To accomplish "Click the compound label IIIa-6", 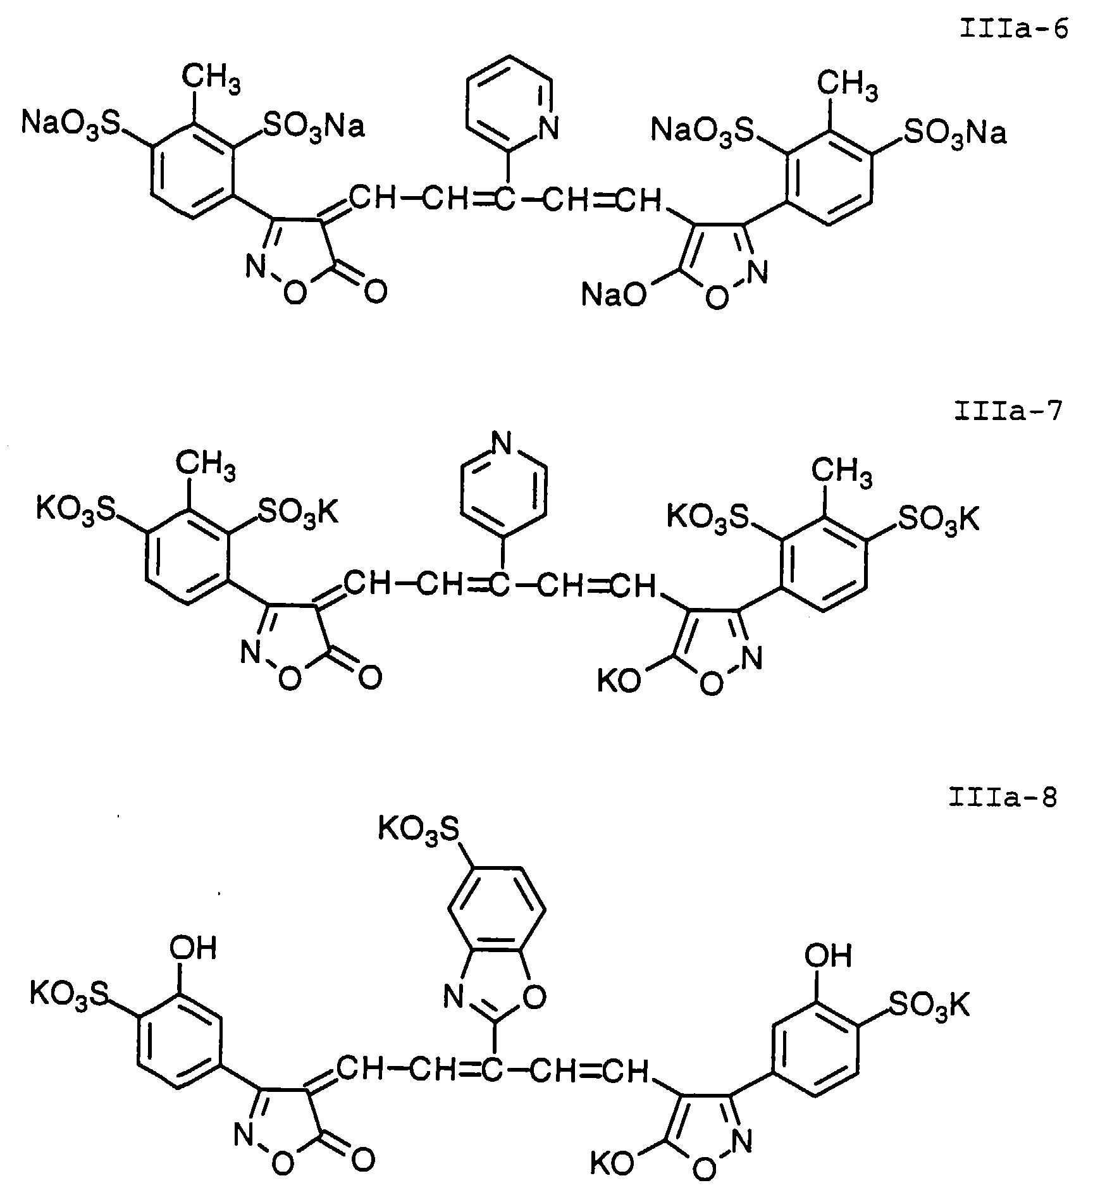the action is coord(1014,30).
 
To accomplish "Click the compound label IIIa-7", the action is coord(1008,412).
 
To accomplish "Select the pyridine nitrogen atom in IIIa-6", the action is coord(548,129).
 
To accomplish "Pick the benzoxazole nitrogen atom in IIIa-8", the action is coord(453,998).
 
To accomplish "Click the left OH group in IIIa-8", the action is coord(193,948).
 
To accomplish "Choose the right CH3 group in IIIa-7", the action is coord(842,473).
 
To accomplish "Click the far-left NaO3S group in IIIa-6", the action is coord(70,121).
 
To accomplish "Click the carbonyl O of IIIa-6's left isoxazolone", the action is coord(375,293).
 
